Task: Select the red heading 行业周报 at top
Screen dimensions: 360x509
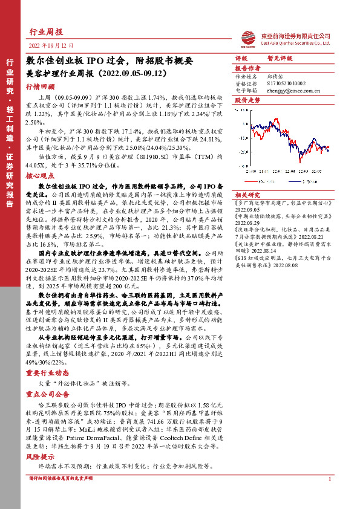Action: [46, 33]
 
